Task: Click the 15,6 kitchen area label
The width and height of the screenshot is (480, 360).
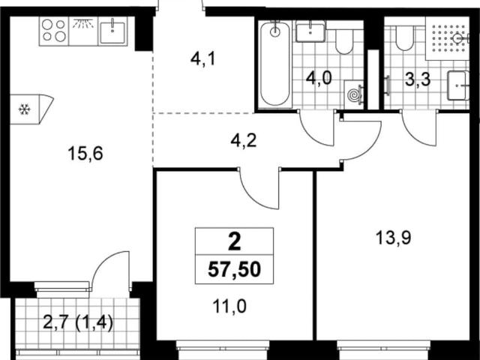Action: point(85,153)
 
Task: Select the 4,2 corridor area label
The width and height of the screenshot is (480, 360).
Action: point(244,140)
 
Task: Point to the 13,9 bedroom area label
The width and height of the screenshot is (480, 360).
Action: point(393,238)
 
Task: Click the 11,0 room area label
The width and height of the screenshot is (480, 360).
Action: point(229,307)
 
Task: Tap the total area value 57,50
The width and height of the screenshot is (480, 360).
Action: point(234,270)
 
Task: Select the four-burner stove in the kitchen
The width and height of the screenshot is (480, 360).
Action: point(54,31)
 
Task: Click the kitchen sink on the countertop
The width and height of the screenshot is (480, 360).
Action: point(112,31)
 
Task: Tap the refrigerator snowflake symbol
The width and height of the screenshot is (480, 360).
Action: point(24,109)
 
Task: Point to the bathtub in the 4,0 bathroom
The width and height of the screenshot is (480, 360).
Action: point(275,64)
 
